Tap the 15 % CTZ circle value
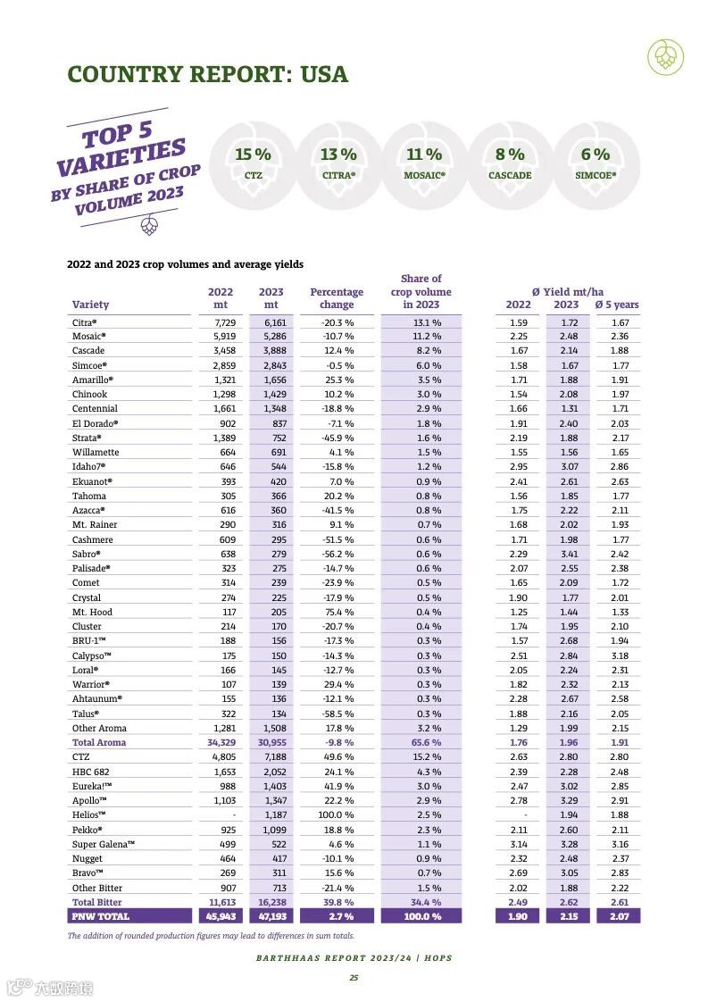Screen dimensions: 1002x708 point(253,154)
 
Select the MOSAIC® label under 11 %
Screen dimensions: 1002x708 point(424,176)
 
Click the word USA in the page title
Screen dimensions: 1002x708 point(324,74)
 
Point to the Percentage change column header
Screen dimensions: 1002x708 point(337,298)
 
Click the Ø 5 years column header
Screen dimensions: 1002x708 point(617,305)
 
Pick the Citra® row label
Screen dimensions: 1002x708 point(85,322)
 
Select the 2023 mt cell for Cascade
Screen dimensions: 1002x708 point(271,351)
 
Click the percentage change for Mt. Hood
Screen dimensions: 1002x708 point(337,612)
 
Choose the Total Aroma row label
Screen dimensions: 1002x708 point(99,742)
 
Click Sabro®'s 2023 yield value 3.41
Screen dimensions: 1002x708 point(568,554)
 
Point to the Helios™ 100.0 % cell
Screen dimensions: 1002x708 point(337,815)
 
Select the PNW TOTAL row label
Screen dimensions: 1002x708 point(101,916)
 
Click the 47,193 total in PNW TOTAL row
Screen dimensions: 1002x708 point(271,916)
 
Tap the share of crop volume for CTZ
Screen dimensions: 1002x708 point(421,757)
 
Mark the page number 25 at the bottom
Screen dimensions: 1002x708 point(354,978)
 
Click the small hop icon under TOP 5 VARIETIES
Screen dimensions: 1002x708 point(150,227)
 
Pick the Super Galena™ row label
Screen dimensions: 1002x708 point(104,844)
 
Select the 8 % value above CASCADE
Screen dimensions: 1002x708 point(510,154)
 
